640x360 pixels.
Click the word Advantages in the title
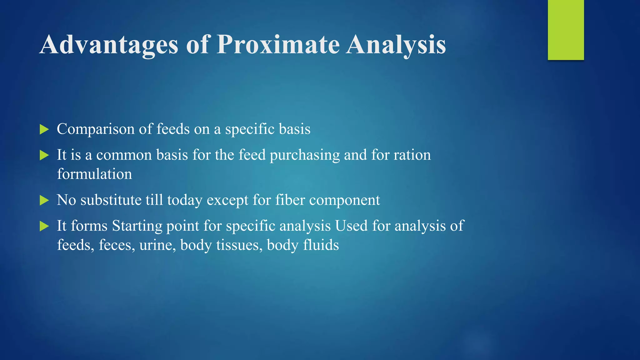109,45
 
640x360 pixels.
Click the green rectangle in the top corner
566,30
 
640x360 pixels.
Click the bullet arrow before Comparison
44,129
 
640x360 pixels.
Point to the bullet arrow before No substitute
44,200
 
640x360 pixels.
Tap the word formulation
94,174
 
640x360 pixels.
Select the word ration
412,155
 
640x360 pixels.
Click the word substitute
111,200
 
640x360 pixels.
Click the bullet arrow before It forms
44,226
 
